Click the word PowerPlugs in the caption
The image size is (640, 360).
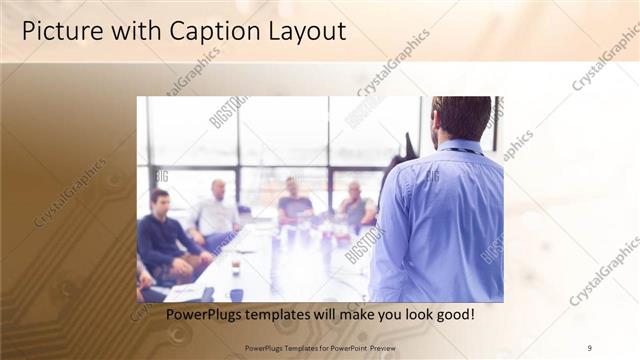[202, 315]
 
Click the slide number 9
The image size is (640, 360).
[589, 347]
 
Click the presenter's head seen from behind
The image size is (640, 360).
[462, 118]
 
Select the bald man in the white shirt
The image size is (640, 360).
[216, 212]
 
